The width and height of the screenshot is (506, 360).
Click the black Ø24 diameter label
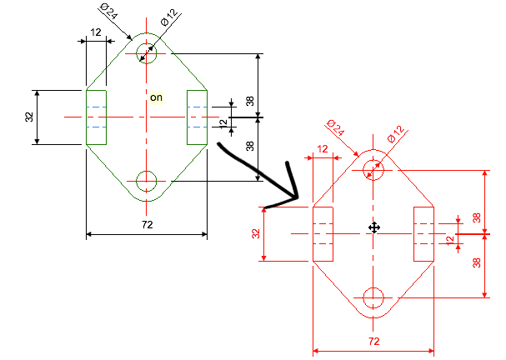(109, 12)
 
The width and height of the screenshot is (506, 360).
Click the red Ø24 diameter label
(336, 127)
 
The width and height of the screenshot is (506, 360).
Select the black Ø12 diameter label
(169, 17)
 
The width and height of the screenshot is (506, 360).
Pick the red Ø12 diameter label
(396, 134)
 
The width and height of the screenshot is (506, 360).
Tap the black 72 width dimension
(148, 224)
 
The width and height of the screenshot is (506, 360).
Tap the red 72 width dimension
(373, 342)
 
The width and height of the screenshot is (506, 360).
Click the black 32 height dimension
(29, 117)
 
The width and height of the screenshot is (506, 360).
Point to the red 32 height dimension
(256, 233)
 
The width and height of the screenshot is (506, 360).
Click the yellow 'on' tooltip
(157, 97)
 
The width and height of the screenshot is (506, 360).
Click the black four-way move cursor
(374, 227)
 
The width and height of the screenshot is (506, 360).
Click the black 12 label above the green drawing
(96, 32)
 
